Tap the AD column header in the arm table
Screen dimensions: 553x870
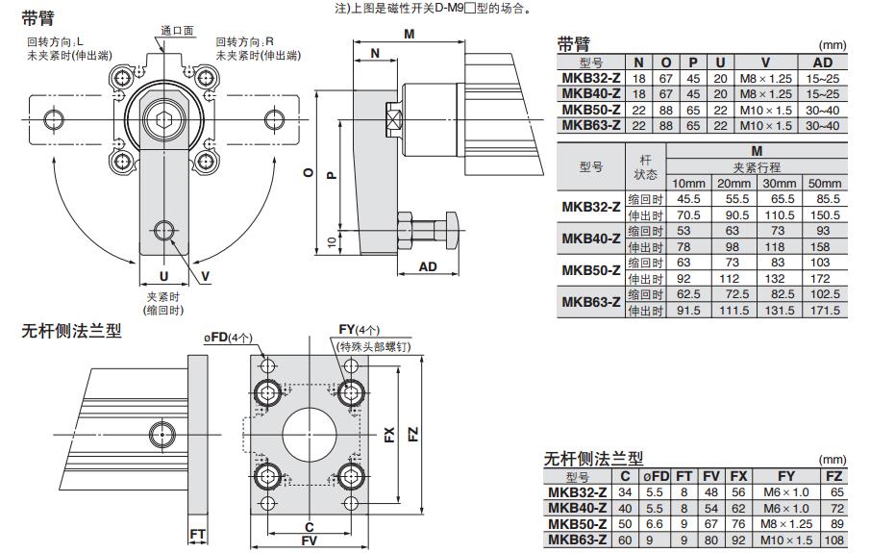823,63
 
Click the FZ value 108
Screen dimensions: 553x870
833,540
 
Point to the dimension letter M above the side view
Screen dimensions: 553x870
409,35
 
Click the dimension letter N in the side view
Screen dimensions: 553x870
375,54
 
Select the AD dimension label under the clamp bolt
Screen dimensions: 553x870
429,266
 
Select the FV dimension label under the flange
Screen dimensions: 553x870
308,542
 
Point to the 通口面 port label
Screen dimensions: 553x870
177,31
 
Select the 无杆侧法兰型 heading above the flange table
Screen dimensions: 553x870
593,459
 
